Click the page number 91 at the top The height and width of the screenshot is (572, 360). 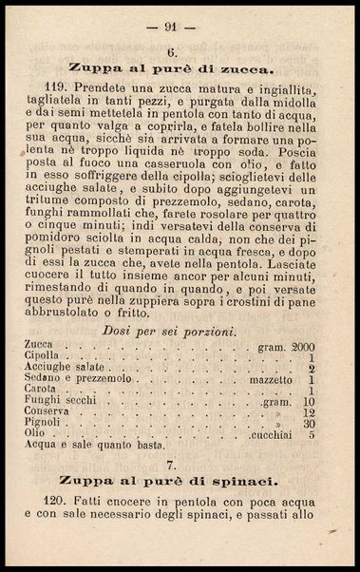[x=181, y=29]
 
